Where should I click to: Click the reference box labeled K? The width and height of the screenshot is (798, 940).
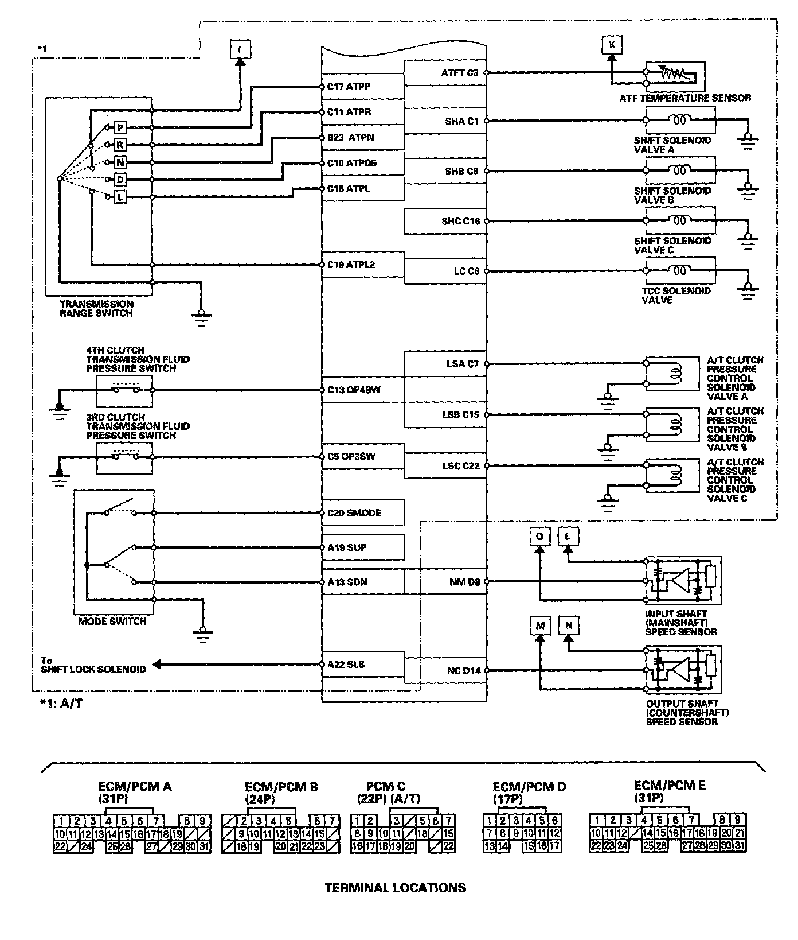[x=612, y=45]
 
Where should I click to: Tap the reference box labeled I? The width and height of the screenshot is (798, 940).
[x=240, y=49]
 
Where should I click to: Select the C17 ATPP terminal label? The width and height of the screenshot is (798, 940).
[x=349, y=87]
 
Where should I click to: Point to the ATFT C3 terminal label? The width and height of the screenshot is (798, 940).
[x=459, y=73]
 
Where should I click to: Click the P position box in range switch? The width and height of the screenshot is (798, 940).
[x=120, y=127]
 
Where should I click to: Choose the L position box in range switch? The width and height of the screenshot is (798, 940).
[x=120, y=197]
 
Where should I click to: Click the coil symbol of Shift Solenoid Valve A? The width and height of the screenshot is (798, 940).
[x=680, y=121]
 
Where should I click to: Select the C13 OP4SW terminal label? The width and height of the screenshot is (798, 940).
[x=354, y=390]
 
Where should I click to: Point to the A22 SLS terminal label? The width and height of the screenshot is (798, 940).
[x=346, y=665]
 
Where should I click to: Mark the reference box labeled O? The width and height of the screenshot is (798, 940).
[x=539, y=536]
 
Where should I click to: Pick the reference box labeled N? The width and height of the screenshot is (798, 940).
[x=569, y=626]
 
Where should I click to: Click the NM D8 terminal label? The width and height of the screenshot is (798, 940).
[x=464, y=582]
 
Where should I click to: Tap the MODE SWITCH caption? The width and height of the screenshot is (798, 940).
[x=112, y=622]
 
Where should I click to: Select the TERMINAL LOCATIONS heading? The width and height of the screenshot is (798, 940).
[x=395, y=888]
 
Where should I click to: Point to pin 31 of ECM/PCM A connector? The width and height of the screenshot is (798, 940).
[x=204, y=846]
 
